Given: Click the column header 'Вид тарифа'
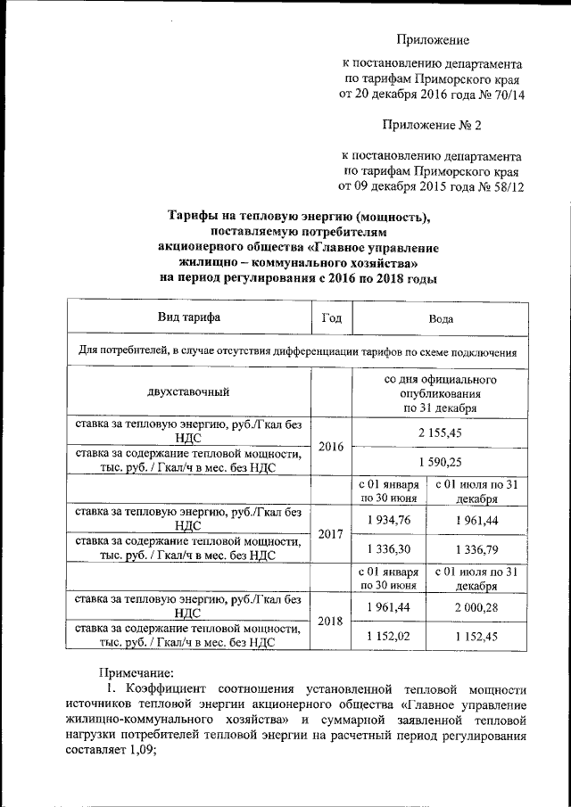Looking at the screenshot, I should [x=188, y=317].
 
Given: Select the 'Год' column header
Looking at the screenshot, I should [x=331, y=317].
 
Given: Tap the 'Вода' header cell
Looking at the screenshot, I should [x=439, y=317].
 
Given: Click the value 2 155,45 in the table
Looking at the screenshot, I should [x=439, y=431].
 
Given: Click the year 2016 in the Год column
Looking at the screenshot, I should [x=331, y=446].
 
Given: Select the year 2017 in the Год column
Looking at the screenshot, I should [x=331, y=534].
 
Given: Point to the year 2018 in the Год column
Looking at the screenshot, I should [x=331, y=622].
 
